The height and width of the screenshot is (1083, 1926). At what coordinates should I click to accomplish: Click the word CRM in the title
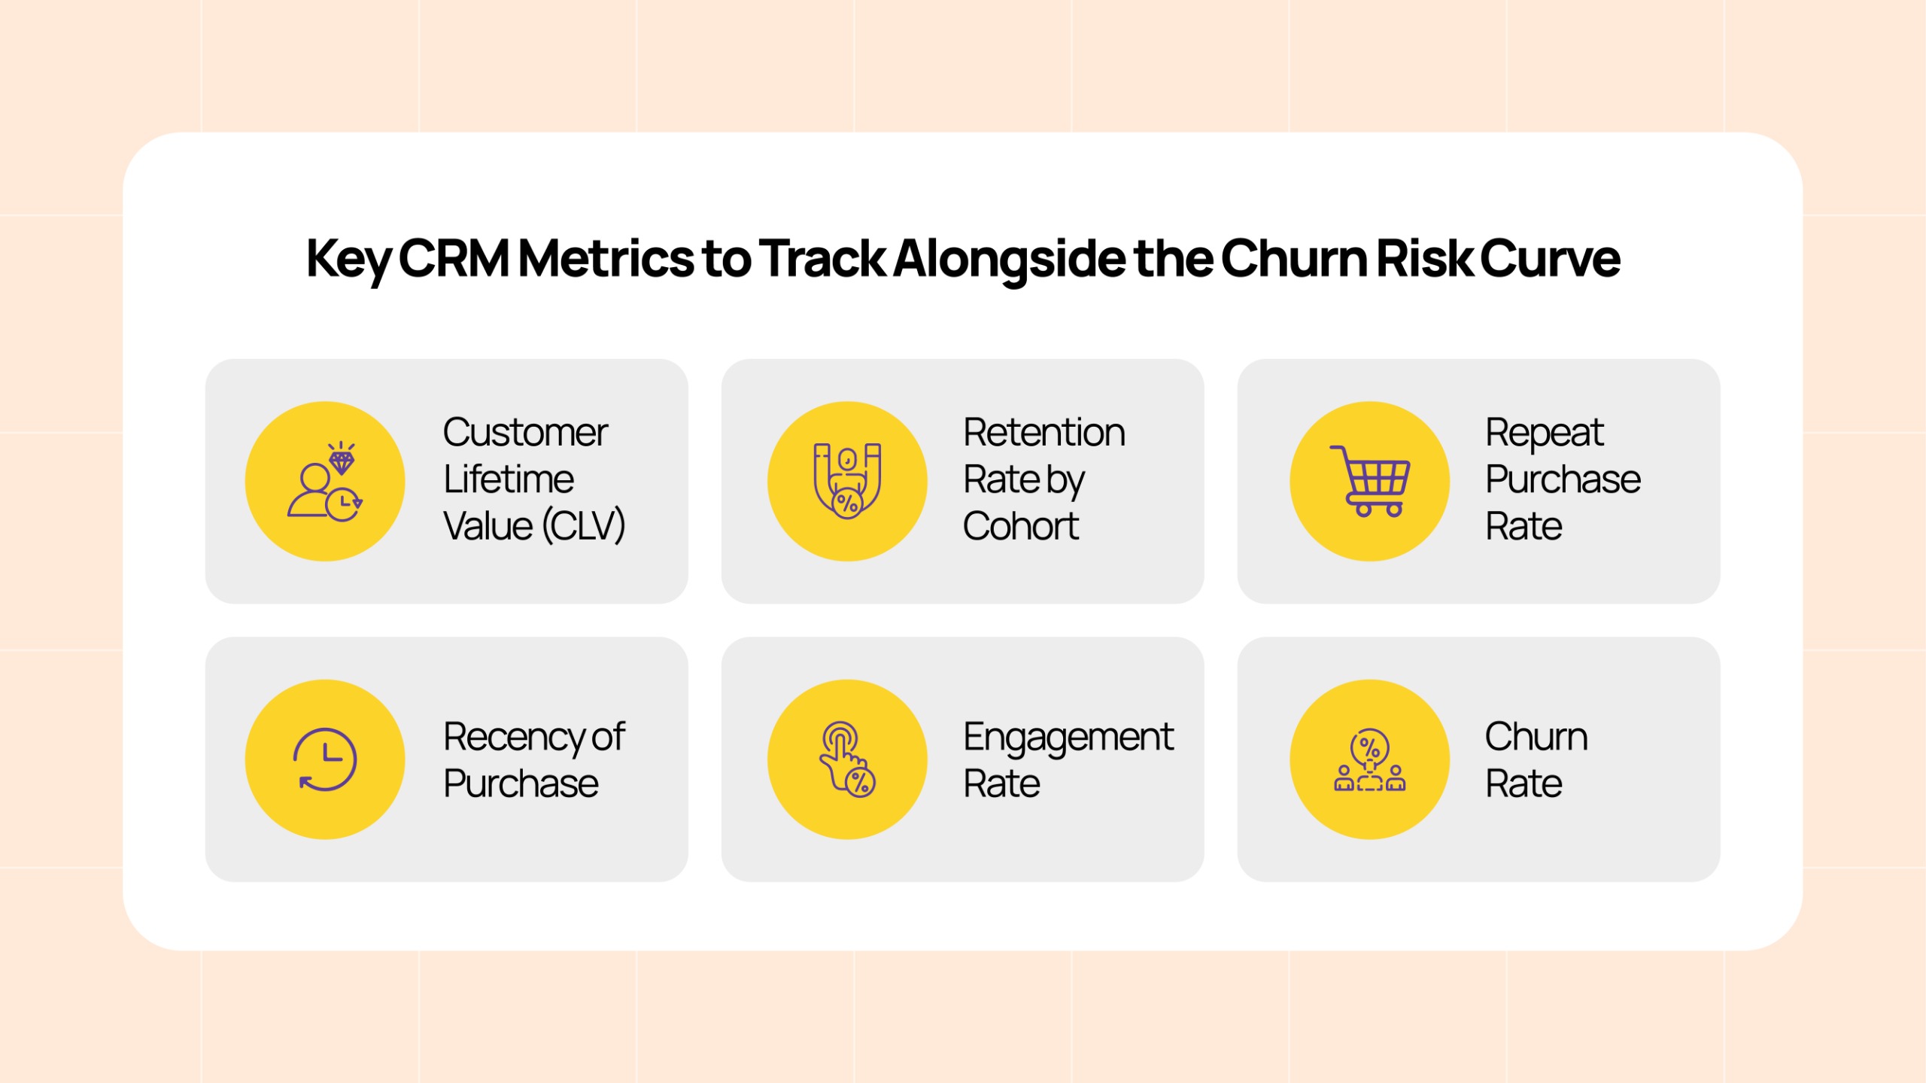coord(454,258)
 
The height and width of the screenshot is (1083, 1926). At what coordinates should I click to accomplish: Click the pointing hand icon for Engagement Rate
coord(847,759)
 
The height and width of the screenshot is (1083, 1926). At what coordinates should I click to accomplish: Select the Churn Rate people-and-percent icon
coord(1369,759)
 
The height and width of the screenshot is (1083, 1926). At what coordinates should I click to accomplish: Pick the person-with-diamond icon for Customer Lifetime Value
coord(324,480)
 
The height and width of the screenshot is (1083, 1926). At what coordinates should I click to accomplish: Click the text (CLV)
coord(584,526)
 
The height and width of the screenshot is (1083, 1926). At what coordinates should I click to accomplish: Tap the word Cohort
coord(1021,526)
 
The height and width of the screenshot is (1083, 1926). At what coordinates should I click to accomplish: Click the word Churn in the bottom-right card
coord(1536,736)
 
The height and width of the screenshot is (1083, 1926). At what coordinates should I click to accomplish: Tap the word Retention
coord(1044,433)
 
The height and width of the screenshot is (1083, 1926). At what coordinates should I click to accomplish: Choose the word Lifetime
coord(509,479)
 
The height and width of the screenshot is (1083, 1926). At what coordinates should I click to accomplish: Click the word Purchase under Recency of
coord(521,783)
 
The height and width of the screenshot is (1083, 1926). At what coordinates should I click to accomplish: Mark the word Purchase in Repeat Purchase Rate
coord(1563,479)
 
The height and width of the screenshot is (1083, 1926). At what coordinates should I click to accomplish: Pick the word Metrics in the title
coord(606,258)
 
